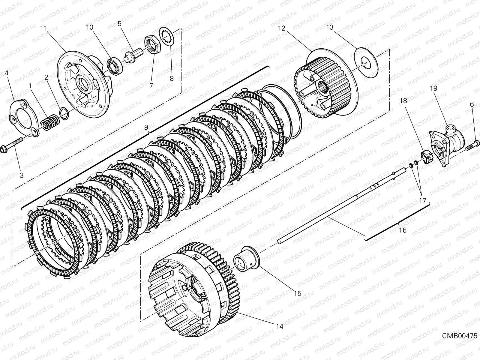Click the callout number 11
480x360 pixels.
tap(44, 28)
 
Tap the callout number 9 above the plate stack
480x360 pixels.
tap(146, 127)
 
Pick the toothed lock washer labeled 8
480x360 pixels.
tap(166, 37)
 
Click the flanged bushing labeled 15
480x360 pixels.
tap(247, 259)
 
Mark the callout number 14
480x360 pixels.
tap(280, 327)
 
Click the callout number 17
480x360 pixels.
tap(422, 200)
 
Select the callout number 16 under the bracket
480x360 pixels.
tap(403, 230)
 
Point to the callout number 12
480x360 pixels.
tap(282, 28)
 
